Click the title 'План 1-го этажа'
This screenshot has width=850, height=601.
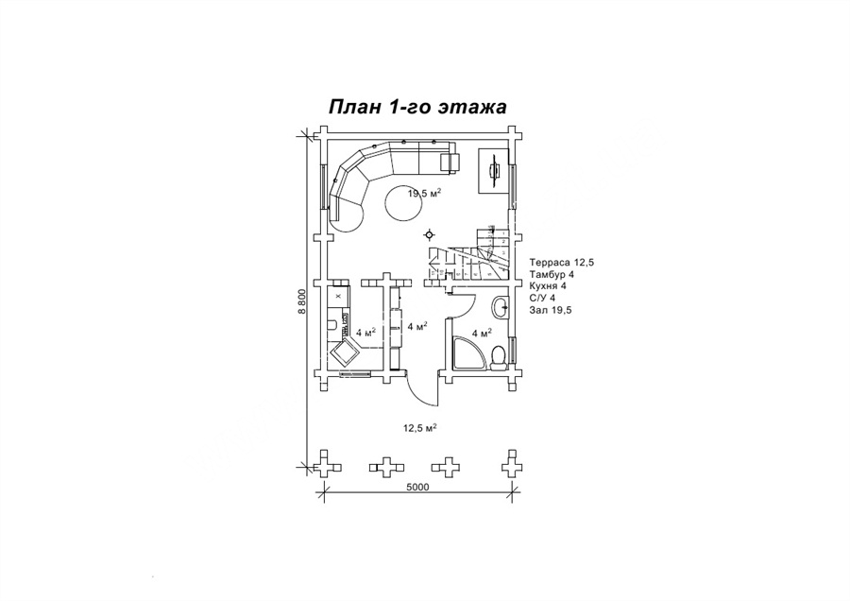point(418,107)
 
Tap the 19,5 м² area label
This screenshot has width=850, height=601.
point(424,192)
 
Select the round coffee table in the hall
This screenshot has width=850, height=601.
point(401,202)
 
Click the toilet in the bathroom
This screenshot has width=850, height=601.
point(498,358)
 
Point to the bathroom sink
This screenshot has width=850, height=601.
point(501,307)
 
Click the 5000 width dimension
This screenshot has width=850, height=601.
point(417,487)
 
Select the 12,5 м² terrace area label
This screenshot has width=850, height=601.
point(420,427)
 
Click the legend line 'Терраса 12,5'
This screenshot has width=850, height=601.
point(561,262)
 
